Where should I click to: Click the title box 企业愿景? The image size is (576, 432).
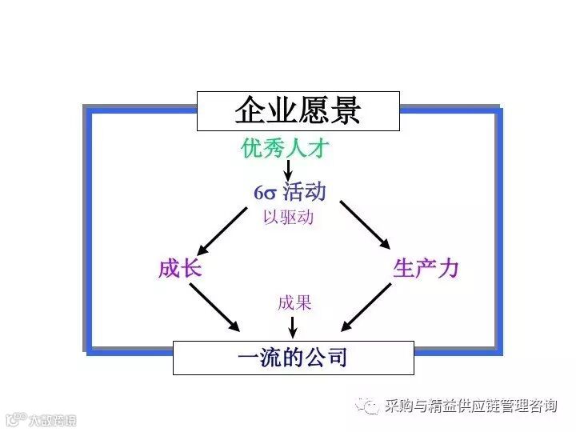(298, 110)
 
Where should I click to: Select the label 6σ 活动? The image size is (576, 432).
(290, 192)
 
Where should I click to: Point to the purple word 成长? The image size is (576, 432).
(179, 268)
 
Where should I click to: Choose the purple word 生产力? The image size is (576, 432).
(426, 268)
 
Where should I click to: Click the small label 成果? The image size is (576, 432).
(294, 303)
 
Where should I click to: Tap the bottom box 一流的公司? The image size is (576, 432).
(294, 357)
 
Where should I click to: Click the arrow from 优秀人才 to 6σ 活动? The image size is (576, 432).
(288, 170)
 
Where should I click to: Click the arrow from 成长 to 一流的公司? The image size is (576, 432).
(214, 306)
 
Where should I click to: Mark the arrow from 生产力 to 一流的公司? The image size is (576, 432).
(369, 306)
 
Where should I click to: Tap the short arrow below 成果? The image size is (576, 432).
(294, 325)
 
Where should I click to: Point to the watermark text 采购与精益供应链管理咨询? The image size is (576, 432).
(470, 406)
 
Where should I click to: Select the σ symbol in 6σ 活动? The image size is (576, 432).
(270, 193)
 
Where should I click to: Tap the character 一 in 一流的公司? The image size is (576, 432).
(248, 357)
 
